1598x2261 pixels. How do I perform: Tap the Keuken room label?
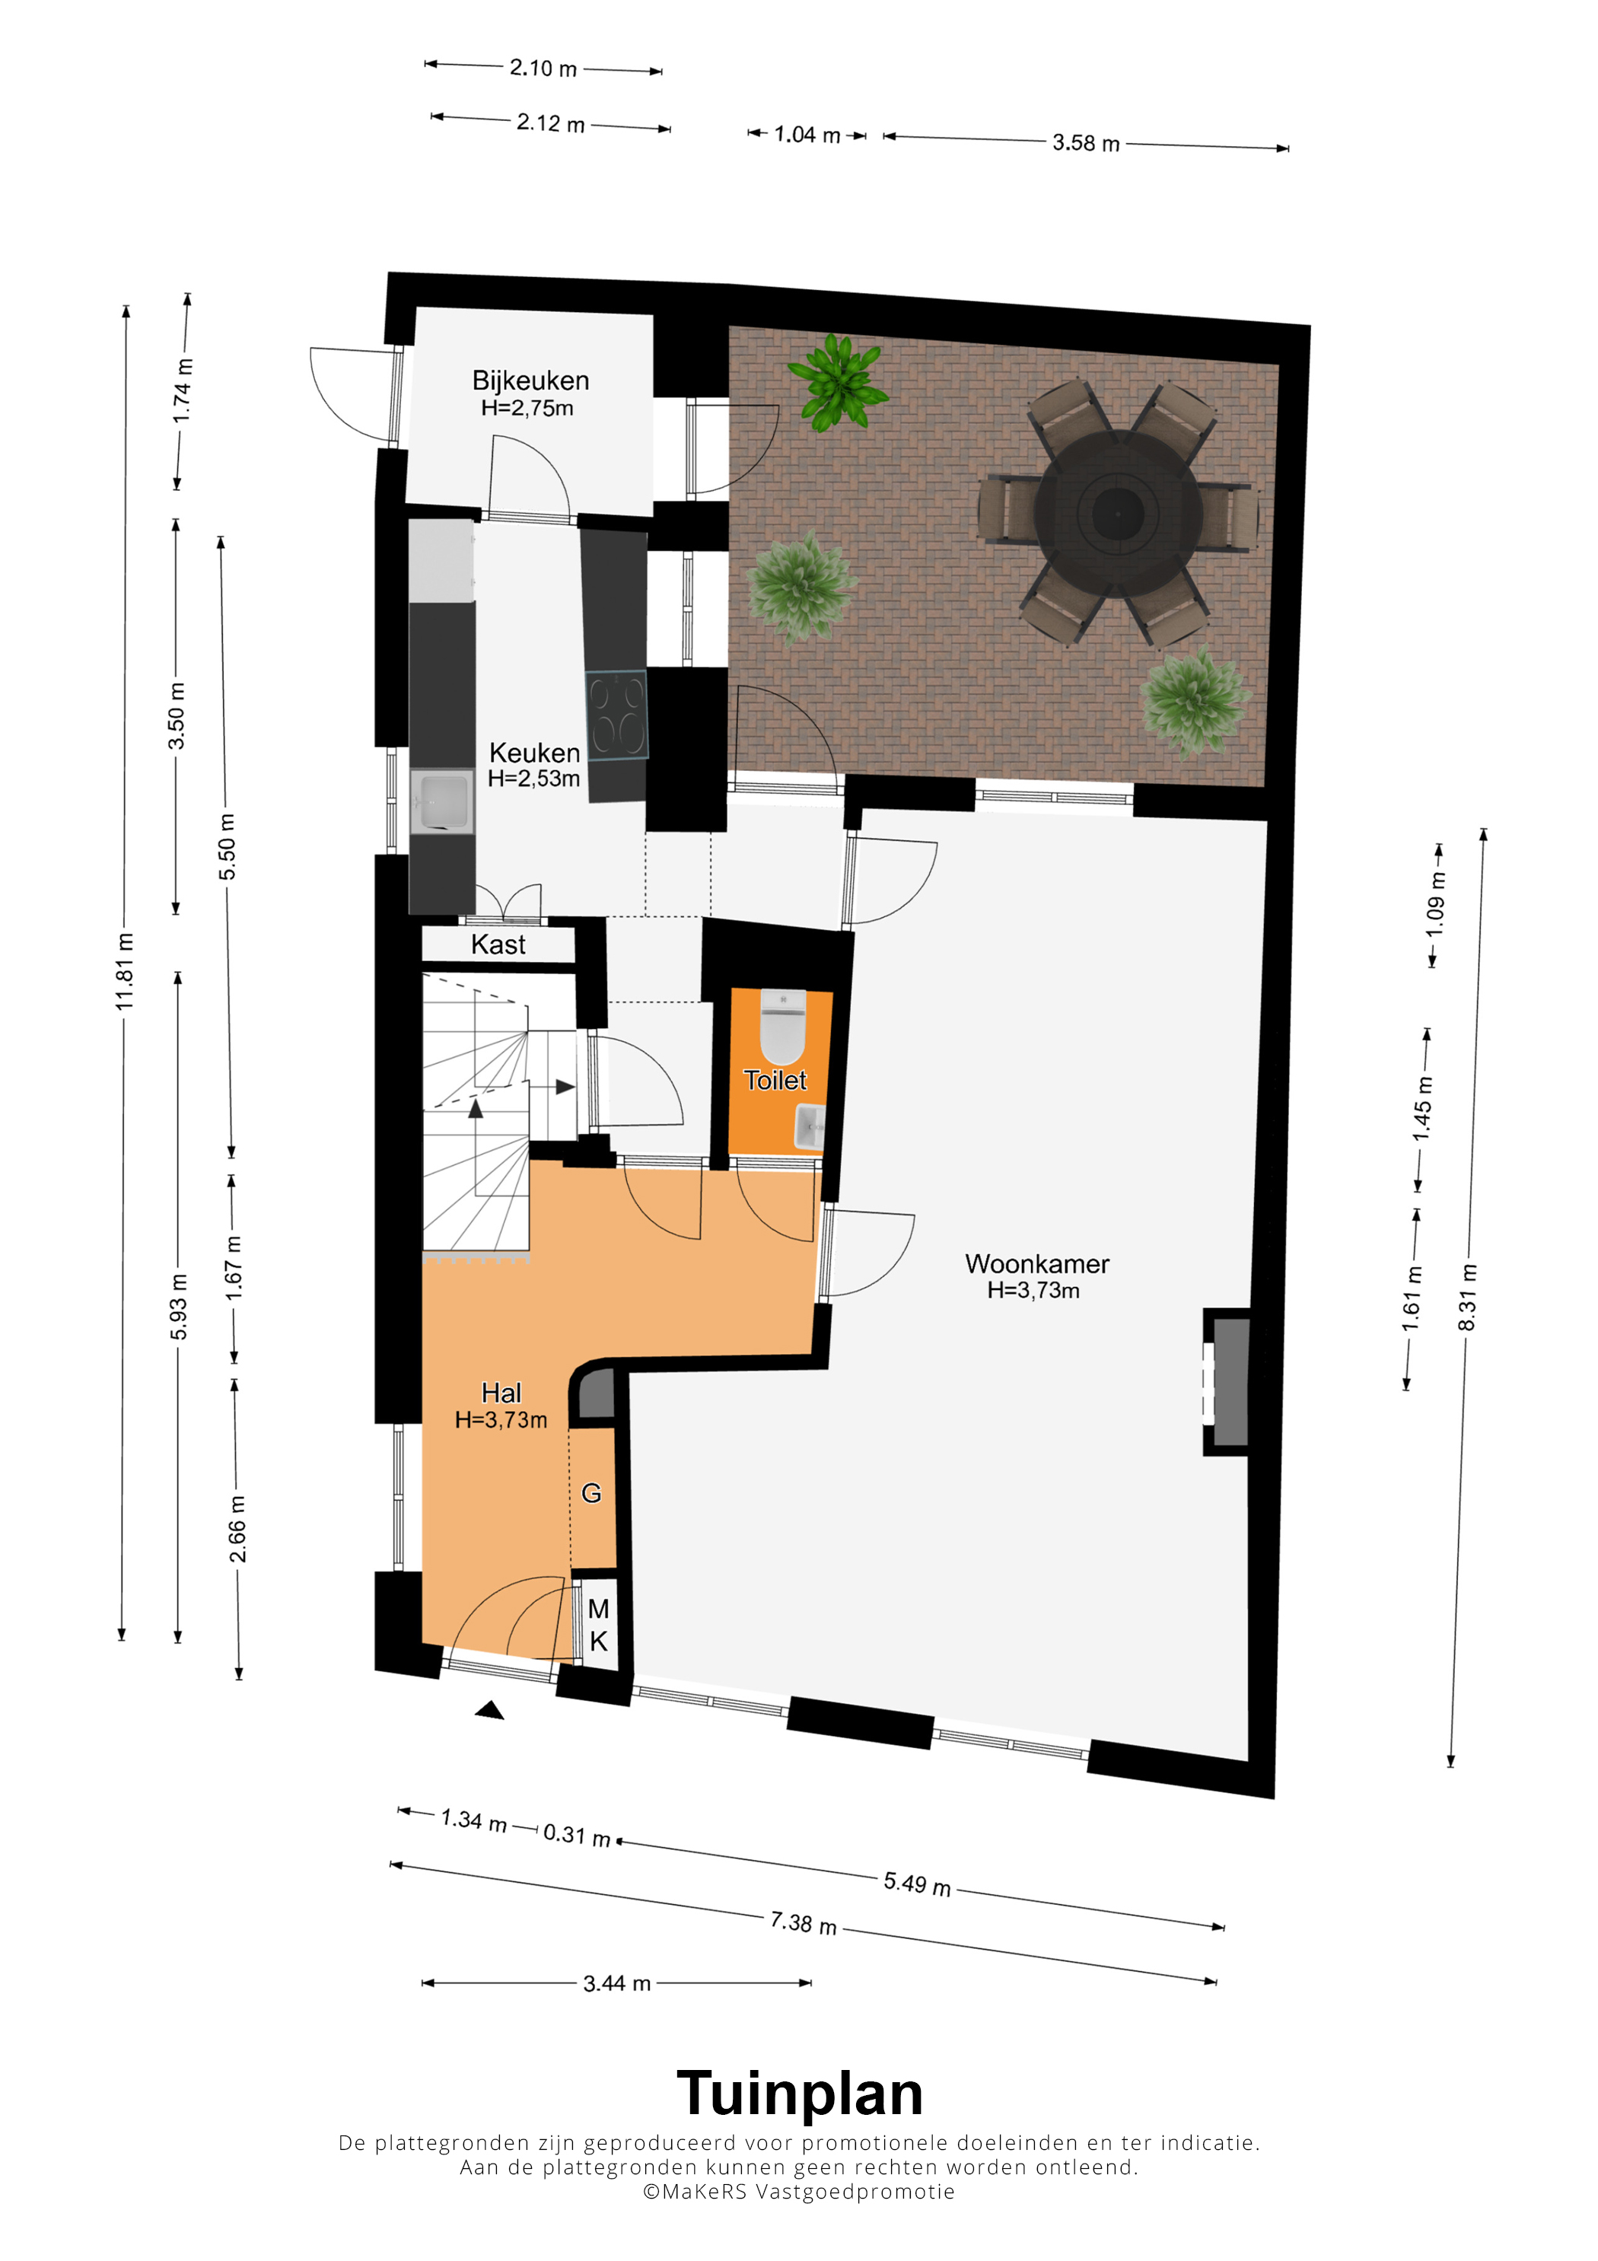coord(535,753)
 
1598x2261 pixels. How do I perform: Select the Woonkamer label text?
coord(1036,1263)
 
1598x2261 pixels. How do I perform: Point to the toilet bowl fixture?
coord(783,1025)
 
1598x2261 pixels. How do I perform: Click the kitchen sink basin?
coord(442,801)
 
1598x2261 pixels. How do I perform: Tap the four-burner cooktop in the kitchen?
coord(616,715)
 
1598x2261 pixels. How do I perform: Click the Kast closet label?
coord(498,944)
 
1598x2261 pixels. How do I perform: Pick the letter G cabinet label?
coord(592,1493)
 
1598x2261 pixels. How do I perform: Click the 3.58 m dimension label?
coord(1086,143)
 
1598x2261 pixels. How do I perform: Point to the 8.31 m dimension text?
coord(1467,1297)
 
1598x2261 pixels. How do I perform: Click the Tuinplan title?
coord(800,2094)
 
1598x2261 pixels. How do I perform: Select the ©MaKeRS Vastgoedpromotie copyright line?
coord(798,2191)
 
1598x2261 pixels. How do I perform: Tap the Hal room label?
coord(501,1393)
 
